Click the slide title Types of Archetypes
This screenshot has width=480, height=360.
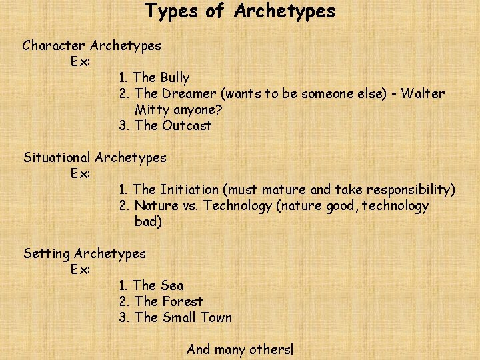[x=240, y=11]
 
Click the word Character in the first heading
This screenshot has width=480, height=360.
[x=54, y=46]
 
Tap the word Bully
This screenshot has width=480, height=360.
[x=175, y=78]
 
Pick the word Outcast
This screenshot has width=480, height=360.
[x=187, y=126]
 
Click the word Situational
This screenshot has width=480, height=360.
[x=57, y=158]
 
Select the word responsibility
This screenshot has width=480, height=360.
[x=408, y=190]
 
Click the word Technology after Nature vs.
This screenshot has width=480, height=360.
[x=237, y=206]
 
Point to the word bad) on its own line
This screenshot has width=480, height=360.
[x=148, y=222]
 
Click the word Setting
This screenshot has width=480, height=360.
[x=47, y=254]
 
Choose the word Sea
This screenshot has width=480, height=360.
[x=172, y=286]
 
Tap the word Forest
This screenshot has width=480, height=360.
[x=182, y=302]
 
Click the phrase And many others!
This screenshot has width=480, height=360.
[x=240, y=349]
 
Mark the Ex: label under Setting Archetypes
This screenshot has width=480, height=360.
[x=80, y=270]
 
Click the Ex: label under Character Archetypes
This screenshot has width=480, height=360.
[x=80, y=62]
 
